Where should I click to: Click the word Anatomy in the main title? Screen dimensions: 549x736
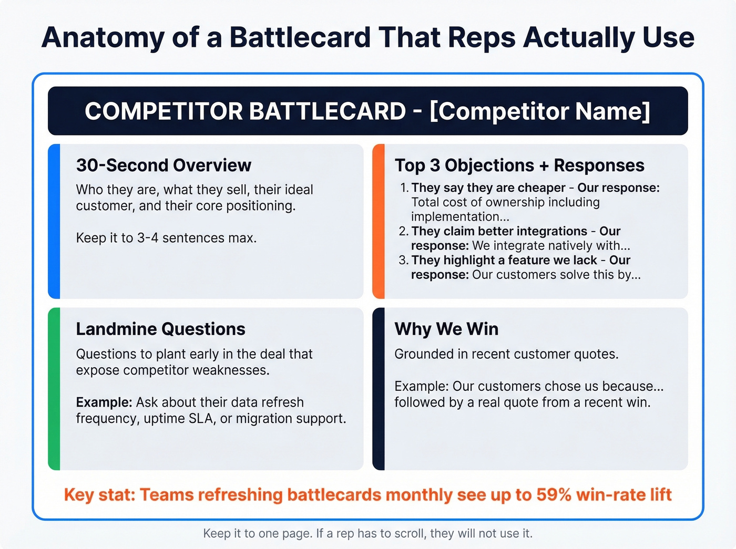[102, 38]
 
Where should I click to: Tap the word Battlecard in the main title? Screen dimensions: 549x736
[300, 38]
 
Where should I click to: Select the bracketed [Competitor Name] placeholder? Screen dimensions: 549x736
[540, 111]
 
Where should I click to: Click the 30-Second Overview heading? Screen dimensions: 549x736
[163, 165]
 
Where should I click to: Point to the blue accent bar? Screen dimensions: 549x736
[54, 221]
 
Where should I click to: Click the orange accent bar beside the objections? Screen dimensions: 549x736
[379, 221]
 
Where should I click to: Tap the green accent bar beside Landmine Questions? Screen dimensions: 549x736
[54, 389]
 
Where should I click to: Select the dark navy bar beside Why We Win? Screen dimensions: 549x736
[379, 389]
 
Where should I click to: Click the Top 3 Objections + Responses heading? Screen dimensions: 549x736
[519, 165]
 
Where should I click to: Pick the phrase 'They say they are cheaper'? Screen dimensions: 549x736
[488, 188]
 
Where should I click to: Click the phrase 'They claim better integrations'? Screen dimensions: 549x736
[499, 231]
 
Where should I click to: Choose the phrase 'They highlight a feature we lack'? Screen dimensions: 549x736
[504, 260]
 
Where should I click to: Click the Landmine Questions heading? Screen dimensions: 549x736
[160, 329]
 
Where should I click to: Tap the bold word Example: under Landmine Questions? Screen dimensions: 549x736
[104, 402]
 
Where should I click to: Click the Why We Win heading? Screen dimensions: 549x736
[446, 329]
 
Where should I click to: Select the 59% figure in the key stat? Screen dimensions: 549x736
[554, 495]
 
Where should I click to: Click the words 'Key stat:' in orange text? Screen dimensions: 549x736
[99, 495]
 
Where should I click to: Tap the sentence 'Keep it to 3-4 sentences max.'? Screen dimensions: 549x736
[166, 238]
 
